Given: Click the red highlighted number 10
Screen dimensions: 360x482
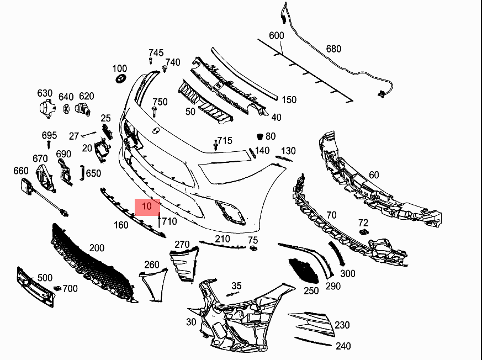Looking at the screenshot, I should coord(147,207).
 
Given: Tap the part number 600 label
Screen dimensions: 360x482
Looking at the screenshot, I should coord(277,36).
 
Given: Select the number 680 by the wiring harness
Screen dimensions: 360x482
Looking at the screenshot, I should coord(333,49).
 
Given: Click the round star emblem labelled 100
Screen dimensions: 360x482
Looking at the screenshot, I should coord(120,79).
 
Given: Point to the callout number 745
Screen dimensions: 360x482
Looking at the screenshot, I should coord(156,53).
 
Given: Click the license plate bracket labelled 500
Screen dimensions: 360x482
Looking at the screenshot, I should coord(36,287).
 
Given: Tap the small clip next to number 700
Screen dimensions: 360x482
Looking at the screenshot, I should coord(57,288).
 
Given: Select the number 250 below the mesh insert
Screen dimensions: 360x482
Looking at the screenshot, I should coord(311,290).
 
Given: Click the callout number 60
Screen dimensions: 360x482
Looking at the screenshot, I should coord(374,175).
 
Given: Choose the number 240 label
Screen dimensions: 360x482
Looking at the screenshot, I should coord(343,346).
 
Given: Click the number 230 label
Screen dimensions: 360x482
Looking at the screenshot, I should coord(342,325).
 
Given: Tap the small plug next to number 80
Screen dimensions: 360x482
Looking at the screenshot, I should coord(258,136).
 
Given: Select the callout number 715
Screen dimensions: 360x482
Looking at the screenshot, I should coord(225,141).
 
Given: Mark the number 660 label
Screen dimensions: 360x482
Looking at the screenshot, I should coord(20,171).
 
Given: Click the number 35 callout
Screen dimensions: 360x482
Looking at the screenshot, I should coord(236,285).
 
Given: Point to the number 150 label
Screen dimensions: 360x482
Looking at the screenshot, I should coord(289,100).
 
